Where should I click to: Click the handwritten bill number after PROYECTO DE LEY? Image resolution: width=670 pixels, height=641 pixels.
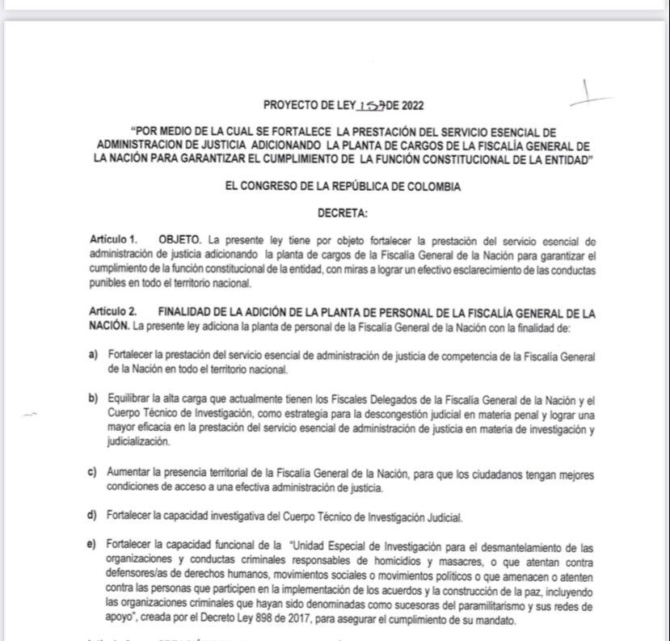(374, 105)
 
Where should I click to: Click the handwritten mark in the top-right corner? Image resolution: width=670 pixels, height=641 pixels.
(591, 95)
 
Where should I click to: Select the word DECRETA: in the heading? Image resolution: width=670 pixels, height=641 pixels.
(343, 213)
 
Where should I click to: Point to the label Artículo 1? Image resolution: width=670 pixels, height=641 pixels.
(113, 240)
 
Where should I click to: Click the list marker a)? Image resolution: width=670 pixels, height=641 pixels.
(94, 356)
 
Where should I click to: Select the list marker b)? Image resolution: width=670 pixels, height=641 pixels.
(94, 399)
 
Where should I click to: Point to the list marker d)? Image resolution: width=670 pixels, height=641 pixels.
(94, 516)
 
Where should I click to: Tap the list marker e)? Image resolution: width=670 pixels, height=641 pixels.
(94, 546)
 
